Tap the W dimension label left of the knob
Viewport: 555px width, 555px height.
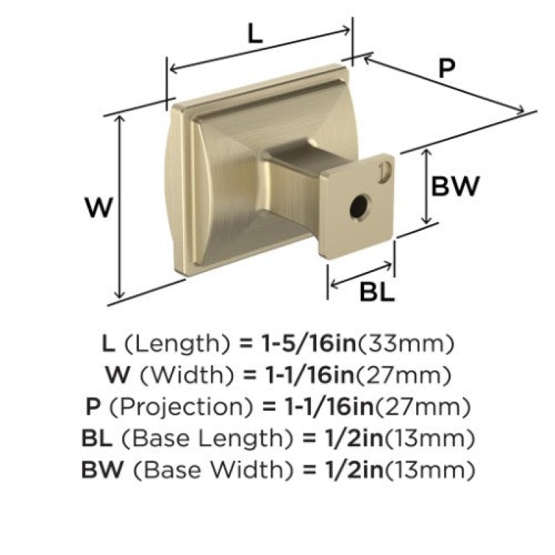(x=99, y=207)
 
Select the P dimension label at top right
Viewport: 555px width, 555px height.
(x=447, y=68)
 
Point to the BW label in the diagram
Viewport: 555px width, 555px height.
(x=455, y=186)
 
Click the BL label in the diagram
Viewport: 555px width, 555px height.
(x=377, y=292)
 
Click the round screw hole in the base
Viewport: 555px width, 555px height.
(x=359, y=207)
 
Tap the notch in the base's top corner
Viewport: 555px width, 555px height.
(x=384, y=172)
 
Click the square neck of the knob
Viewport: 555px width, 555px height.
(x=290, y=177)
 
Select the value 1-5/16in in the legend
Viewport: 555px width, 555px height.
(x=308, y=343)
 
